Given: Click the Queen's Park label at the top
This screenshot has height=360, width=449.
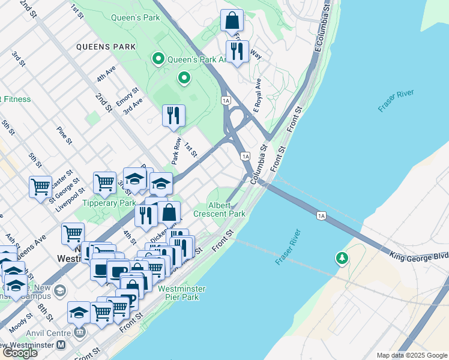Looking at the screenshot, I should point(136,17).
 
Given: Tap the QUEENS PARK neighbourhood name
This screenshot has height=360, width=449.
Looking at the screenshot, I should point(104,46).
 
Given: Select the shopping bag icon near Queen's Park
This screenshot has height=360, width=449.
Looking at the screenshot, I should point(232,22).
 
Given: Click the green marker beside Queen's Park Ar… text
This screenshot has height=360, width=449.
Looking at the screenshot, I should point(158,59).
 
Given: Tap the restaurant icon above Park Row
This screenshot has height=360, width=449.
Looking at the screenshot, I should point(173,115).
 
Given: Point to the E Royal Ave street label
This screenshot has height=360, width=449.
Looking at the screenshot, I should point(258,95).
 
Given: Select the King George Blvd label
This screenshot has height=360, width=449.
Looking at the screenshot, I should point(419,256).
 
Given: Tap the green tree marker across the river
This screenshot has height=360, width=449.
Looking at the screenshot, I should point(342,258).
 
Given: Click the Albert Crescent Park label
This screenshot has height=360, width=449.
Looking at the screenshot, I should point(219,209).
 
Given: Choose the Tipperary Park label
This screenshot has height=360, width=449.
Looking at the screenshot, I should point(109,203).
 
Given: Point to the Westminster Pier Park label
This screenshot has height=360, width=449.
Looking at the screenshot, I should point(181,293).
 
